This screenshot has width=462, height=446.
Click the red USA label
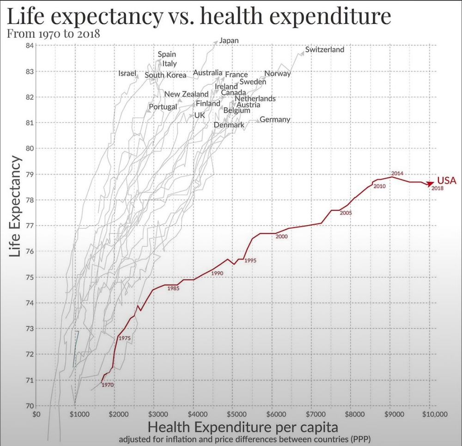coord(446,181)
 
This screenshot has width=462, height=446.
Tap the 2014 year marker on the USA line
coord(397,173)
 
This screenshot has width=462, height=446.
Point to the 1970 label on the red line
coord(108,385)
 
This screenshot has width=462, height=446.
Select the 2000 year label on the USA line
coord(281,237)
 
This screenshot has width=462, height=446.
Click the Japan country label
coord(229,41)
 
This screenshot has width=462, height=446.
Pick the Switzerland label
coord(325,49)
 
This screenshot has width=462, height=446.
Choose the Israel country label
coord(128,73)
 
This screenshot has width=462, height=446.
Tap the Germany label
coord(275,119)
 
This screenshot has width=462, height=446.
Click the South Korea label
coord(165,75)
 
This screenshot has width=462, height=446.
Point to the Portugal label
coord(163,107)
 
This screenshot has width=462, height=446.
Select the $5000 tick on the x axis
coord(235,414)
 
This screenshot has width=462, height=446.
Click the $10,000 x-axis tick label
coord(430,414)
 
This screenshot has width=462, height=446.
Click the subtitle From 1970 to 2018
coord(54,33)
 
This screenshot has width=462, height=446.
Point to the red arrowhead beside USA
coord(431,182)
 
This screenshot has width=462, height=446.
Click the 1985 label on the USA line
coord(173,288)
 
